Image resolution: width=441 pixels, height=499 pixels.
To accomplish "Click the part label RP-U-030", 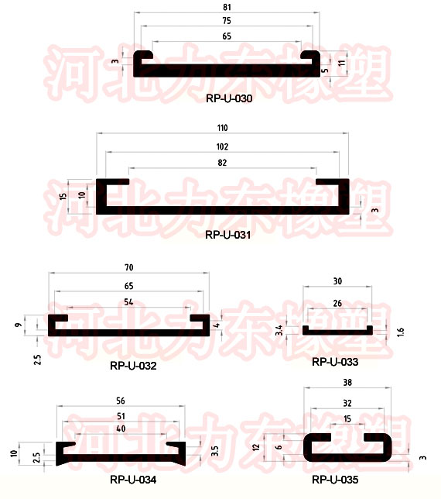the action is [x=229, y=98].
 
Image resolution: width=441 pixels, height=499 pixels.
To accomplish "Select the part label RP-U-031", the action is [x=227, y=235].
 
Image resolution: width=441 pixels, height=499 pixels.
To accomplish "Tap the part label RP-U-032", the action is [x=133, y=366].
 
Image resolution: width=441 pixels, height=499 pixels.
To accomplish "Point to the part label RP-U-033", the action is [x=335, y=362].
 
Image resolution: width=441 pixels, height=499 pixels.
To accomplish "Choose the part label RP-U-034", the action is [x=133, y=480].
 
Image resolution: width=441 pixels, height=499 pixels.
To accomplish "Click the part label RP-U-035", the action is [x=335, y=480].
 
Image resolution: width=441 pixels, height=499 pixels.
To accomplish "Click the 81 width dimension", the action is [x=227, y=7].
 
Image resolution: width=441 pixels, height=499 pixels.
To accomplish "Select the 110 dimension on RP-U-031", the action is [x=222, y=128].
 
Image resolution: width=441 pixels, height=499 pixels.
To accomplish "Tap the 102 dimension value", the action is [x=222, y=146].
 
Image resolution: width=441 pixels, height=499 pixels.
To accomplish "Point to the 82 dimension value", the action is [x=222, y=163].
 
